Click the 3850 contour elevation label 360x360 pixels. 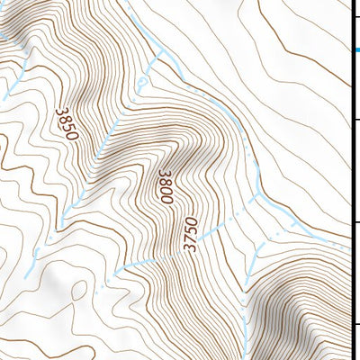(66, 123)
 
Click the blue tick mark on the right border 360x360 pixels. (355, 49)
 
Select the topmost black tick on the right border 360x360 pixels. (355, 118)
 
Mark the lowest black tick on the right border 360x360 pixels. (355, 325)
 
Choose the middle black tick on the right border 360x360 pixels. (355, 221)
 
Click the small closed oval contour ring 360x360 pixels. (78, 291)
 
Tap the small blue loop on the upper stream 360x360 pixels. (141, 82)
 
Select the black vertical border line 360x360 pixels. (350, 180)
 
